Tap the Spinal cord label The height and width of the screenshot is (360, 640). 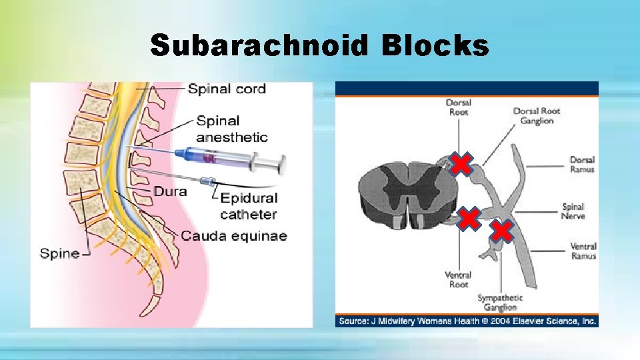[x=227, y=89]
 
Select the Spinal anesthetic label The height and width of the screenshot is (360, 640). [x=231, y=129]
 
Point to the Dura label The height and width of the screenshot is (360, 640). [x=170, y=191]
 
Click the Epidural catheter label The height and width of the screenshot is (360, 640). [x=249, y=206]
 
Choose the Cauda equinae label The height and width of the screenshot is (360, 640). [x=233, y=236]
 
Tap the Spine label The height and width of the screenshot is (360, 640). [x=59, y=253]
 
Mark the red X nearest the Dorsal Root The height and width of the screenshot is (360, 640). [x=461, y=163]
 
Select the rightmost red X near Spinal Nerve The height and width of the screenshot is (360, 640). [x=502, y=231]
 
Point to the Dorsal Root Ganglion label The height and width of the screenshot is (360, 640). [x=537, y=116]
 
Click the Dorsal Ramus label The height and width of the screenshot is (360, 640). [x=582, y=165]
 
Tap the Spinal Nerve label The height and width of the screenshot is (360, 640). [x=573, y=211]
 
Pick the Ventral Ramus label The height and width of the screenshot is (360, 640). [x=583, y=251]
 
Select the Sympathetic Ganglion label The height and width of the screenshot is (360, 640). [x=500, y=303]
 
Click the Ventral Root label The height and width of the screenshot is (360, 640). [x=458, y=279]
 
